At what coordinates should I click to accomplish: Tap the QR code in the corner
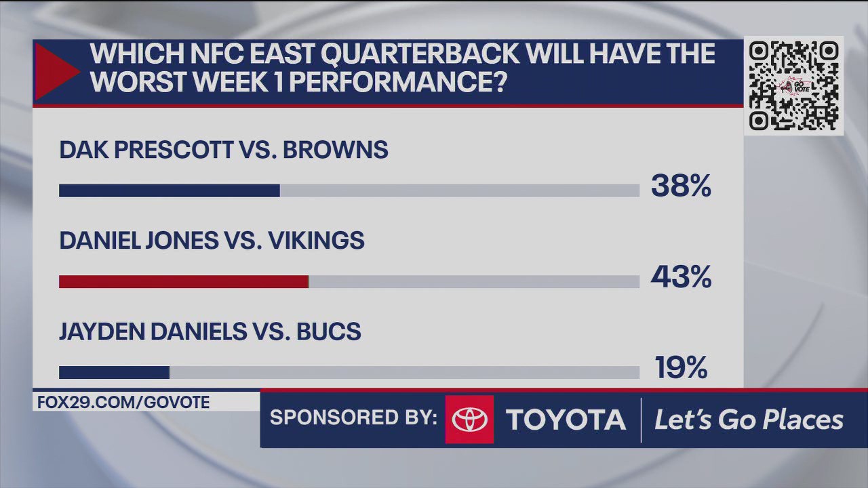pos(793,85)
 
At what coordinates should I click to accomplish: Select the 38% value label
pos(681,186)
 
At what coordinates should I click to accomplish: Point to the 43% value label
pos(681,277)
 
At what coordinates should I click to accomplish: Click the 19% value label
pos(681,368)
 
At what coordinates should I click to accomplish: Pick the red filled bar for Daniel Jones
pos(183,282)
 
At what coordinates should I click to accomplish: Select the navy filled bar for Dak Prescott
pos(169,191)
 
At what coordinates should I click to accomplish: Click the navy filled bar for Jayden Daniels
pos(114,373)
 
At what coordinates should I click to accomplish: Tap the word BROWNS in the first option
pos(335,150)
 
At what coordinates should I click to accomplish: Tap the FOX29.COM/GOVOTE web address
pos(123,402)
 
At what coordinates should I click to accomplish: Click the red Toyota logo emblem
pos(469,420)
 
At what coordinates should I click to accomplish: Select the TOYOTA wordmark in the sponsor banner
pos(566,420)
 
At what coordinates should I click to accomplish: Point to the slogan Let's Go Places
pos(749,420)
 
